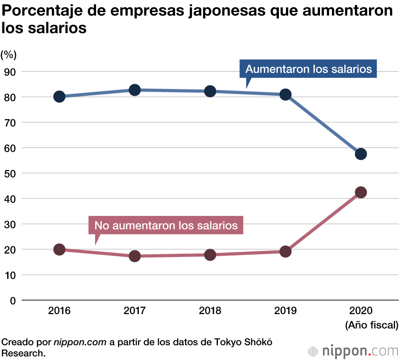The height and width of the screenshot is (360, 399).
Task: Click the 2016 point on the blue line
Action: pyautogui.click(x=59, y=97)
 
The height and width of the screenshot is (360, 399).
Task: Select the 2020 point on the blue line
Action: pyautogui.click(x=361, y=154)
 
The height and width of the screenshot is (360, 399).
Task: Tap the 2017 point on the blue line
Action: pyautogui.click(x=134, y=90)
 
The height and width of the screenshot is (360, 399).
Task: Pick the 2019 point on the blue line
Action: pyautogui.click(x=285, y=95)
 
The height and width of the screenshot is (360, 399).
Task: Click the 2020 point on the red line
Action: pyautogui.click(x=361, y=192)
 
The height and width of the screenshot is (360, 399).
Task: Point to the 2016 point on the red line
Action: pyautogui.click(x=59, y=249)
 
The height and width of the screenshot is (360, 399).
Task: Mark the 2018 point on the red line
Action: pyautogui.click(x=210, y=255)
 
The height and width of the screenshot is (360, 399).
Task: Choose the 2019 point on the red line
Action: pyautogui.click(x=285, y=251)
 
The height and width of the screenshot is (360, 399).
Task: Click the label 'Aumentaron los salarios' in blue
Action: pyautogui.click(x=308, y=69)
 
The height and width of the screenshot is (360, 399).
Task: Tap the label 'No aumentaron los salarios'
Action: pyautogui.click(x=166, y=225)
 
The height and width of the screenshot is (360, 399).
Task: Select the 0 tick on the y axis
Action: pyautogui.click(x=13, y=300)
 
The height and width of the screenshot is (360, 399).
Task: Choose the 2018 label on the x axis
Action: pyautogui.click(x=210, y=311)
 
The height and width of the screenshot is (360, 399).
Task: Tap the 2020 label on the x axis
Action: pyautogui.click(x=361, y=311)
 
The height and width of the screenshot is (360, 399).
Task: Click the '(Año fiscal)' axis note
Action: pyautogui.click(x=371, y=325)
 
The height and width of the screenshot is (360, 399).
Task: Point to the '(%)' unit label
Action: pyautogui.click(x=9, y=54)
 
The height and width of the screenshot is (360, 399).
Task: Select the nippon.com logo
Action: pyautogui.click(x=353, y=351)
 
